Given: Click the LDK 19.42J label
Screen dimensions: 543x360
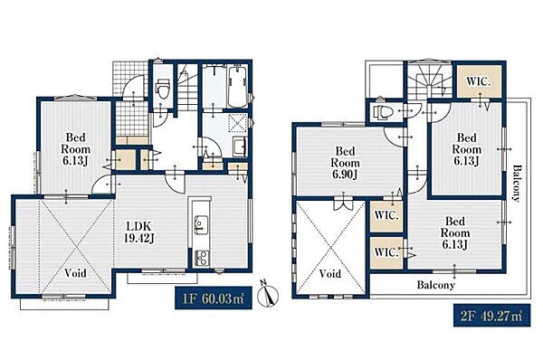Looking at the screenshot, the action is [139, 232].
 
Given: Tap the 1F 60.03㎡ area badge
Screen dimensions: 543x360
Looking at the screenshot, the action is [213, 298].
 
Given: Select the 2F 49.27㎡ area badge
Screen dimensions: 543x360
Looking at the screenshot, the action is [491, 316].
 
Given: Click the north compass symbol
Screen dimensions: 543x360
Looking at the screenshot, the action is [268, 294].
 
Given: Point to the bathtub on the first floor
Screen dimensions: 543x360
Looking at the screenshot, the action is [237, 87].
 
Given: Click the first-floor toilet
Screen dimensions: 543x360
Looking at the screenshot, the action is [162, 88].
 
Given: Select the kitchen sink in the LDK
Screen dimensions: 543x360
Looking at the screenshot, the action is [201, 224].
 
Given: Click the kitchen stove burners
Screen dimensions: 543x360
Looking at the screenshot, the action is [201, 258].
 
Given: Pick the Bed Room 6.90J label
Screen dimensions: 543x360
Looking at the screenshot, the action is [345, 163].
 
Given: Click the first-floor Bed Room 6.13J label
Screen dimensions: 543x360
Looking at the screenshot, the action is [75, 149].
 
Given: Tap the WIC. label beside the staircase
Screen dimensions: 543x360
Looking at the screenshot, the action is [479, 82].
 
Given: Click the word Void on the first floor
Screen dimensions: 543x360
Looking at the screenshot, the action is [75, 273].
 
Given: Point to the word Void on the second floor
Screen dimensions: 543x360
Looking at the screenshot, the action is [330, 274].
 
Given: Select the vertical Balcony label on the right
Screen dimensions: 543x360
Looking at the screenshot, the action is [516, 183].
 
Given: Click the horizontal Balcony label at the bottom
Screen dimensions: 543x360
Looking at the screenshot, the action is [435, 285].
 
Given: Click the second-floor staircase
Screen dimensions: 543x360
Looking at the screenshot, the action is [429, 82].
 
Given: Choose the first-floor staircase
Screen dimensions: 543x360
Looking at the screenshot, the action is [187, 87].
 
